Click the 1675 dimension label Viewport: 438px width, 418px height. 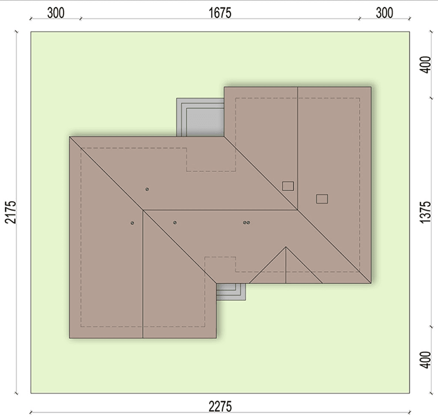coord(220,13)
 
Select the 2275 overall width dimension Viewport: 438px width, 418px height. coord(220,406)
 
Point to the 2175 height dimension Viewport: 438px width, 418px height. coord(11,212)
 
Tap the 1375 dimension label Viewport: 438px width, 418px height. coord(426,212)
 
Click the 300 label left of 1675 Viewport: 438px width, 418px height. coord(56,13)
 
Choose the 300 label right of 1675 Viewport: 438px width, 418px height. coord(385,13)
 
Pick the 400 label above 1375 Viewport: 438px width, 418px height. coord(426,65)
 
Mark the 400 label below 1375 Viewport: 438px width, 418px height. coord(426,360)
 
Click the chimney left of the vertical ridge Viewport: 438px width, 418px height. coord(288,186)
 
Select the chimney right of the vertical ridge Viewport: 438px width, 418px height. coord(322,199)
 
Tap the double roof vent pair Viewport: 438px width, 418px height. coord(246,223)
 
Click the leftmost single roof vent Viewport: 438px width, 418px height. coord(132,223)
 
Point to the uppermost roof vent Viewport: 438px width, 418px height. coord(147,189)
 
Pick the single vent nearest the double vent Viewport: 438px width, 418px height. coord(175,223)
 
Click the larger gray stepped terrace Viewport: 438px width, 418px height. coord(200,117)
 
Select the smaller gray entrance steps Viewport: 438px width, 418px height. coord(231,291)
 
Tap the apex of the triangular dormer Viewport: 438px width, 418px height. coord(286,247)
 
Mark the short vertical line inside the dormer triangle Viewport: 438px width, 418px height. coord(286,265)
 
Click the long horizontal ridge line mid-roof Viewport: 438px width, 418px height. coord(220,210)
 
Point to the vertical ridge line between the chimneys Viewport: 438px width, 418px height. coord(298,148)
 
